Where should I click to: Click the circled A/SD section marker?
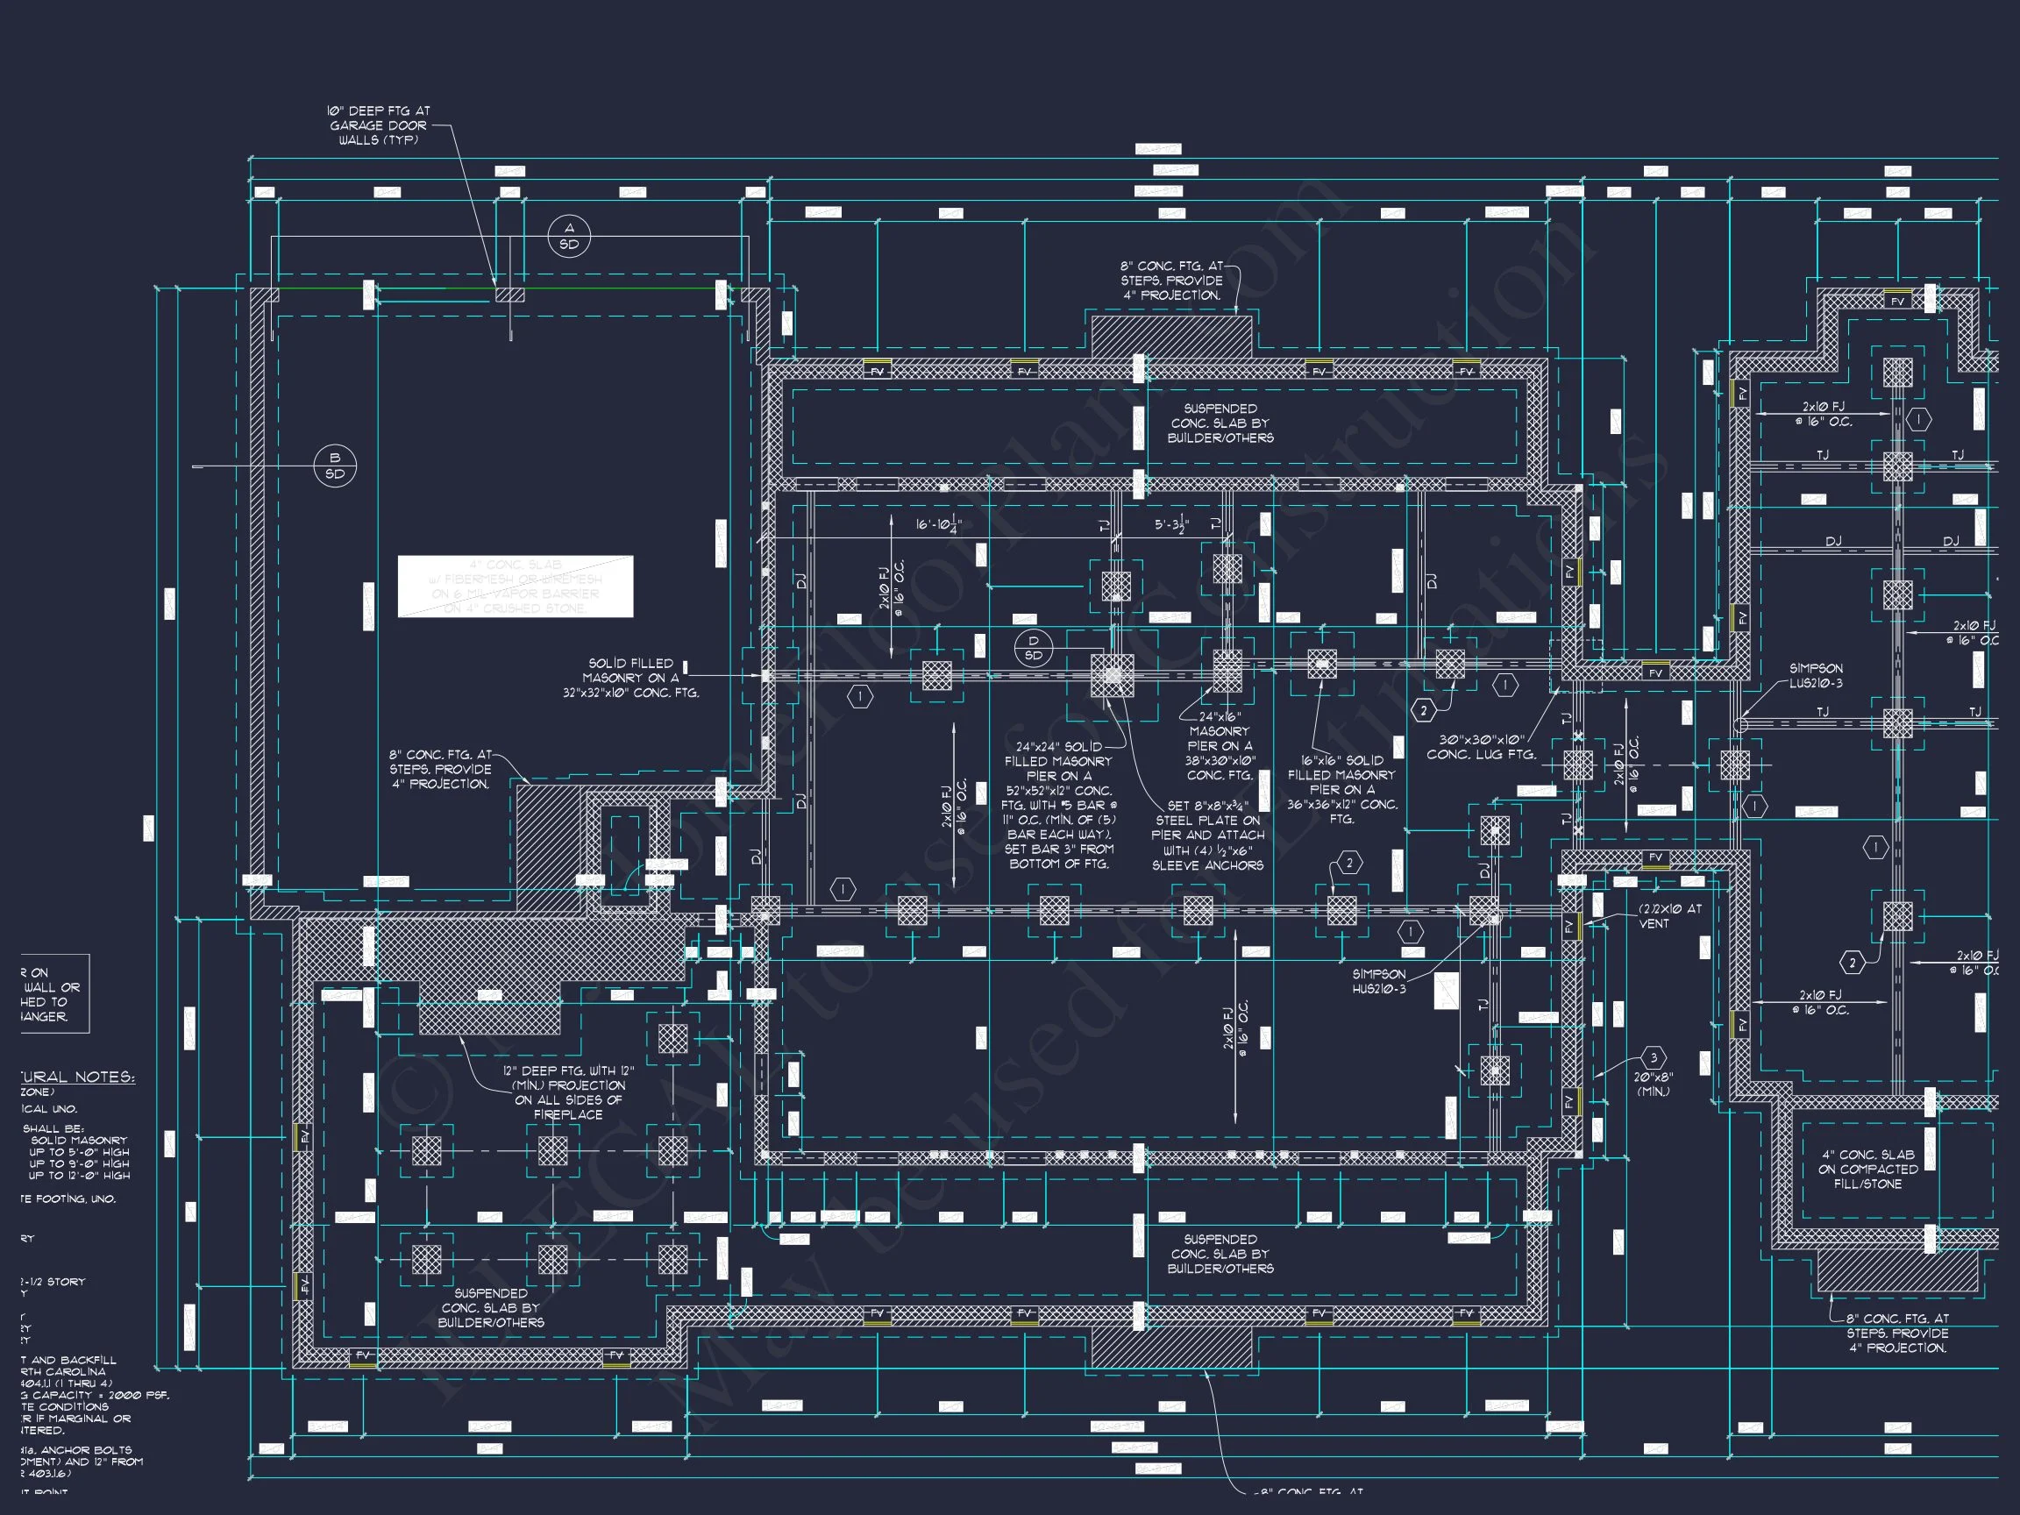tap(569, 237)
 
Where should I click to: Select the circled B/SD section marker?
tap(335, 466)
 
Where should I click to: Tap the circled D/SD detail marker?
tap(1033, 649)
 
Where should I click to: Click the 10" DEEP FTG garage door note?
tap(378, 126)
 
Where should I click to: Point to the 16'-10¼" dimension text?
tap(939, 525)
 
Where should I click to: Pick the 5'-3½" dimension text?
tap(1171, 525)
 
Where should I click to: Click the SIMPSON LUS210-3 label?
tap(1816, 676)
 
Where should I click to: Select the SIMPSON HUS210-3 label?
tap(1379, 982)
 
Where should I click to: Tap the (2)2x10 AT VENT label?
tap(1669, 916)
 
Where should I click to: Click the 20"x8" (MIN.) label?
tap(1653, 1084)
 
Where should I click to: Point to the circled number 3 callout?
tap(1653, 1058)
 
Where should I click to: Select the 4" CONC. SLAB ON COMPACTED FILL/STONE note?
tap(1867, 1169)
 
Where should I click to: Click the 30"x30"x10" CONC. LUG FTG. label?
tap(1481, 747)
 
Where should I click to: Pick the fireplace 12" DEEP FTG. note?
tap(568, 1092)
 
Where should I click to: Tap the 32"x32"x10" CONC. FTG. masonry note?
tap(631, 678)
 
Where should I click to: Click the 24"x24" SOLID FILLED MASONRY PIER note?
tap(1057, 806)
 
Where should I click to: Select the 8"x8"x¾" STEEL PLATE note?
tap(1207, 836)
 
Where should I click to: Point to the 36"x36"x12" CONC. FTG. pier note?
tap(1341, 790)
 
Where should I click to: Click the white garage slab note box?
tap(515, 587)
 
